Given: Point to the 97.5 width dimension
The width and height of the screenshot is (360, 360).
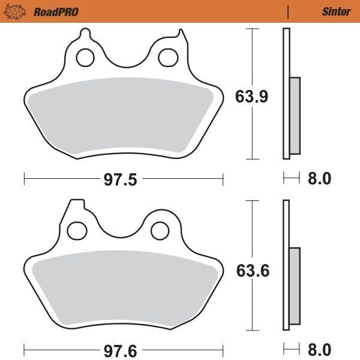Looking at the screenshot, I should (x=122, y=178).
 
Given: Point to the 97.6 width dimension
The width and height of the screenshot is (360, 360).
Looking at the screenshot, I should (x=122, y=348).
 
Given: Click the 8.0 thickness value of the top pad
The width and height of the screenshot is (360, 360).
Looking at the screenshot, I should (x=319, y=178).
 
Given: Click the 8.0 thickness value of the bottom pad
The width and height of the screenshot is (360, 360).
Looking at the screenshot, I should (x=319, y=348).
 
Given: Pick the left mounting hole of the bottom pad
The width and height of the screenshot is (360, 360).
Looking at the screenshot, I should (x=77, y=229).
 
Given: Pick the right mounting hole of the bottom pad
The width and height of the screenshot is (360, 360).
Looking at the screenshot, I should (x=158, y=229).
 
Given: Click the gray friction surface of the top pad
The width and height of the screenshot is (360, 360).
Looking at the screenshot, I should (x=123, y=117).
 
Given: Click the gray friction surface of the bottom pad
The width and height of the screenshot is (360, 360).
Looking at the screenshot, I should (x=123, y=288).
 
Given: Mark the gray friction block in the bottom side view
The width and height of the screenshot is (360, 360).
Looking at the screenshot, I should (x=295, y=287).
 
